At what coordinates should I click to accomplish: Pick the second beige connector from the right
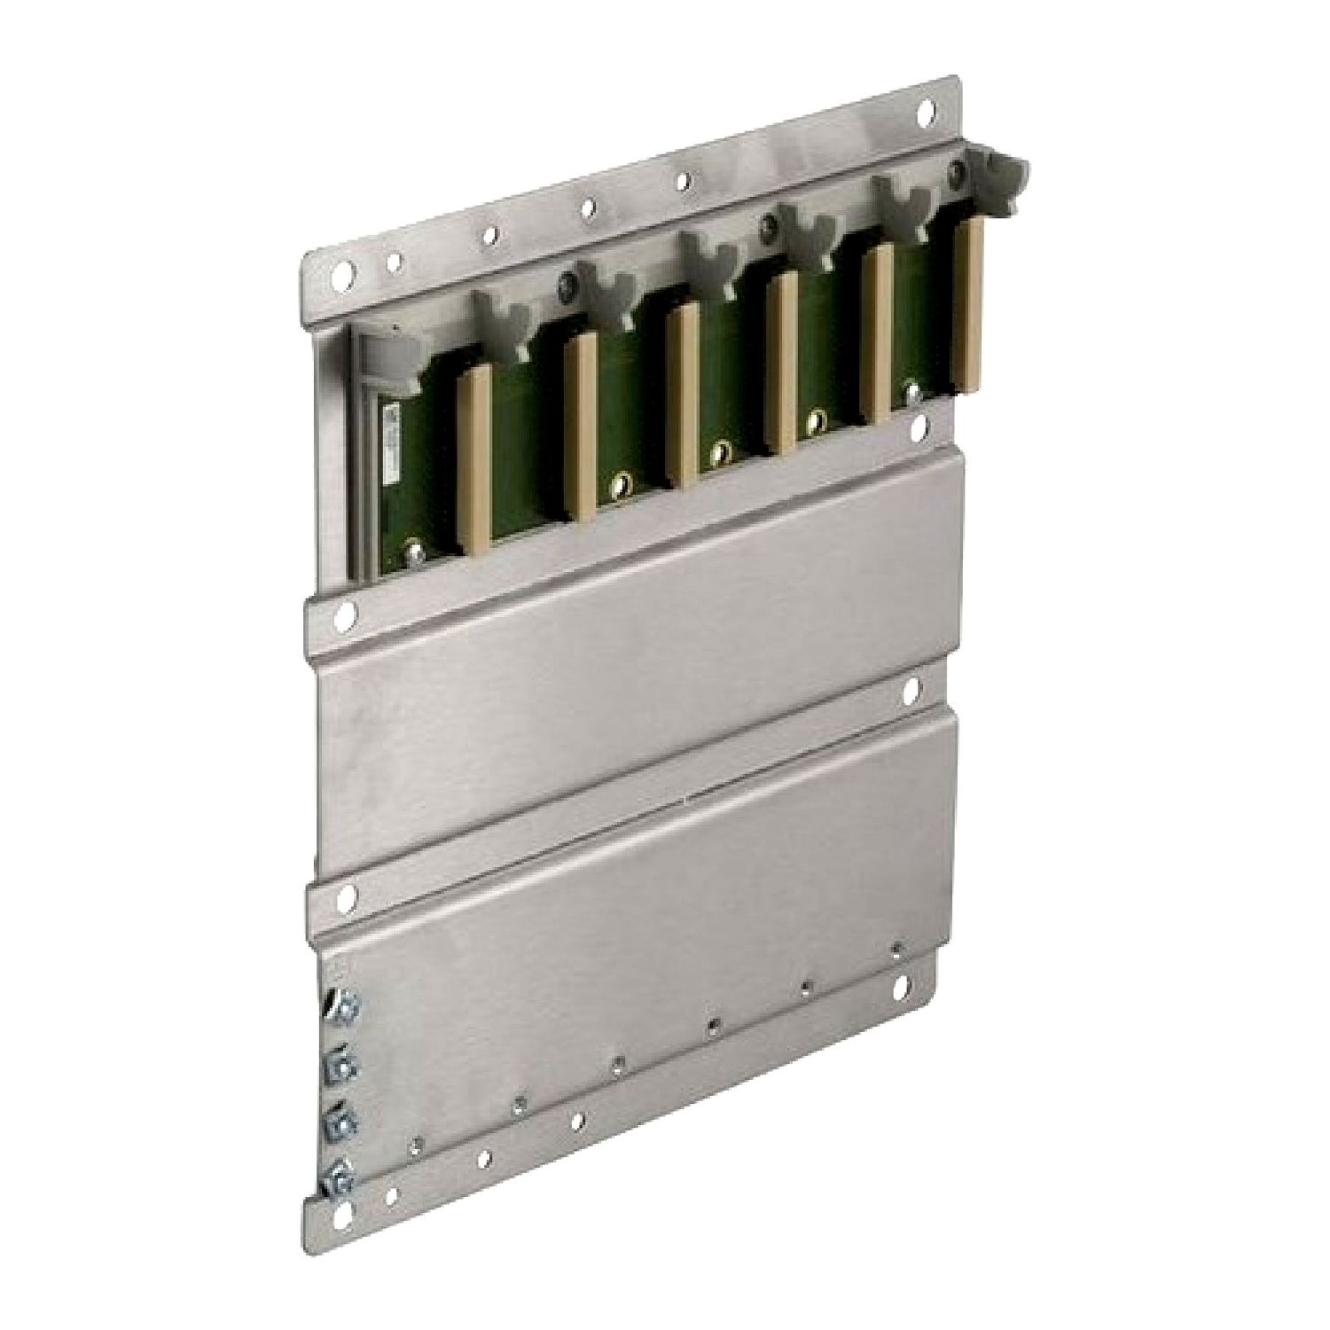coord(878,332)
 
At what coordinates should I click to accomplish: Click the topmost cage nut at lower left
coord(341,1006)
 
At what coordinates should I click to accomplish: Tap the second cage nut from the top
coord(340,1064)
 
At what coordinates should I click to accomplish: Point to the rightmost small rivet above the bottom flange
coord(897,946)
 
